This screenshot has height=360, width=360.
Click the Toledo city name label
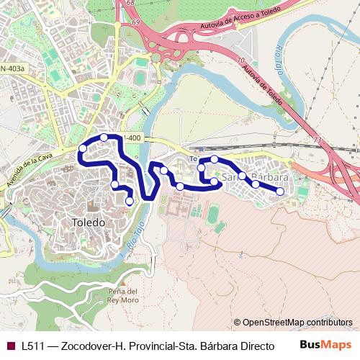(89, 222)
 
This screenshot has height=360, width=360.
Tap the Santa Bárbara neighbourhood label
(256, 176)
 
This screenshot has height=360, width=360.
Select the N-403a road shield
(12, 68)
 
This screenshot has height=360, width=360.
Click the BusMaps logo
(325, 345)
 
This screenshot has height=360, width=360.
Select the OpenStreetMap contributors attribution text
(293, 323)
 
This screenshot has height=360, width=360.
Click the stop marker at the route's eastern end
(280, 191)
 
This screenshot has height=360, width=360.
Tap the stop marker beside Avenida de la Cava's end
(83, 148)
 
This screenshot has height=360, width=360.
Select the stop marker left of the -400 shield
(104, 138)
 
